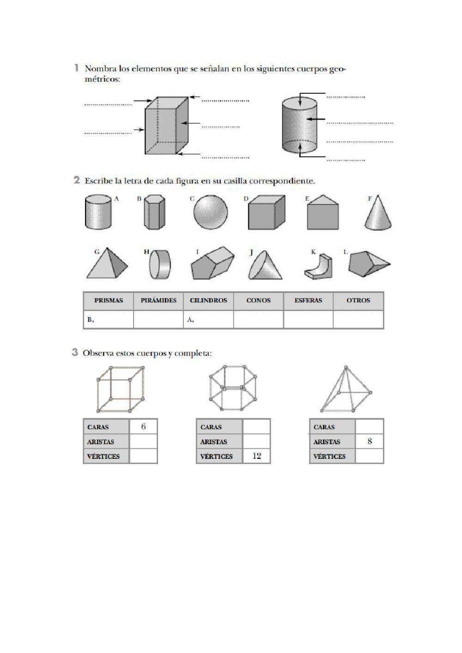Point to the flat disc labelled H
point(159,265)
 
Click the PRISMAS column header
point(109,300)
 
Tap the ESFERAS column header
point(308,300)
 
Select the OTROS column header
point(358,300)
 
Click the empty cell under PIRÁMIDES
point(158,319)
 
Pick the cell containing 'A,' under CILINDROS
point(208,319)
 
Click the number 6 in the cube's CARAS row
point(143,427)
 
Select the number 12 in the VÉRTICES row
point(257,456)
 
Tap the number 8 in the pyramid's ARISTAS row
point(370,441)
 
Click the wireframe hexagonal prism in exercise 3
point(230,388)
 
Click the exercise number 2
point(77,180)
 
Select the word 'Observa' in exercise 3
point(96,353)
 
